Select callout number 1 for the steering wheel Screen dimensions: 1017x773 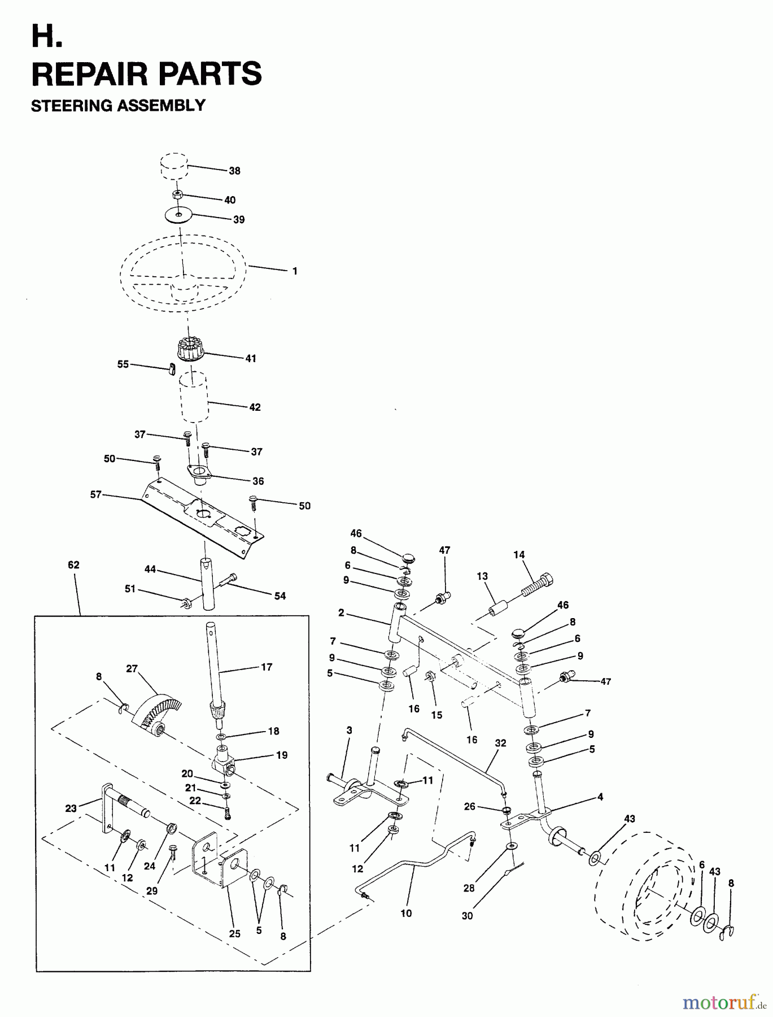[x=295, y=271]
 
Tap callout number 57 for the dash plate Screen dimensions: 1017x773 [x=95, y=494]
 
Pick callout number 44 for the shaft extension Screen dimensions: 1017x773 [x=150, y=570]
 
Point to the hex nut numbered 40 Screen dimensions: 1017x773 [x=177, y=195]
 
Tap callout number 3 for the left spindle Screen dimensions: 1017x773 [x=349, y=730]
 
